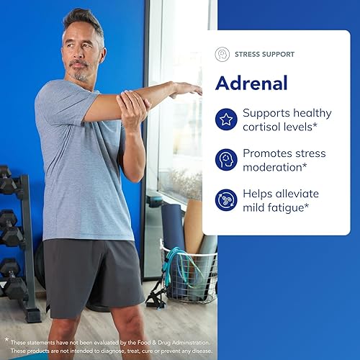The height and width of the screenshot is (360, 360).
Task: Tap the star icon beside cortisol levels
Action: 226,120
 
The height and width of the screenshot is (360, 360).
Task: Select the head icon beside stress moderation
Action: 226,160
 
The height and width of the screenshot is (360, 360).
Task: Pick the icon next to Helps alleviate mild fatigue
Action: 226,199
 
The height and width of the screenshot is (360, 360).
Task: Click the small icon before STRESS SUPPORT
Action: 222,54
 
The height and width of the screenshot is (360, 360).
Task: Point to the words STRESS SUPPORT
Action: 264,54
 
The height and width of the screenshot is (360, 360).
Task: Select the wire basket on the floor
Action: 190,274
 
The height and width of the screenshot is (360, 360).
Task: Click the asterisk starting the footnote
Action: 6,339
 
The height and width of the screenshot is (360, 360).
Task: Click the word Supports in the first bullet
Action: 268,113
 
